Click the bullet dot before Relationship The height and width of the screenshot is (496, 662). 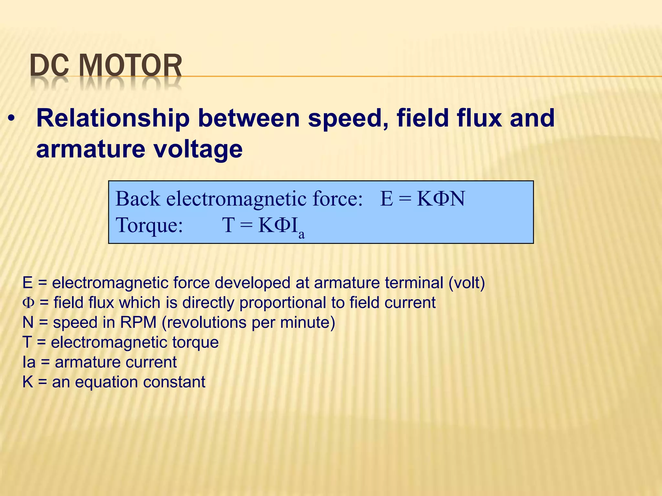pyautogui.click(x=12, y=119)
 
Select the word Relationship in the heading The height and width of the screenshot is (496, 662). pyautogui.click(x=113, y=118)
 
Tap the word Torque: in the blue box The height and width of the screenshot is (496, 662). pyautogui.click(x=149, y=225)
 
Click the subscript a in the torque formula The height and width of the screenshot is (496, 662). pyautogui.click(x=301, y=234)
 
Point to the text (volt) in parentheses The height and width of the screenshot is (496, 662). pyautogui.click(x=466, y=283)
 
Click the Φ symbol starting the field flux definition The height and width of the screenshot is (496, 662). pyautogui.click(x=28, y=303)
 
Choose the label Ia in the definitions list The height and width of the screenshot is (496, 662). pyautogui.click(x=29, y=362)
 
